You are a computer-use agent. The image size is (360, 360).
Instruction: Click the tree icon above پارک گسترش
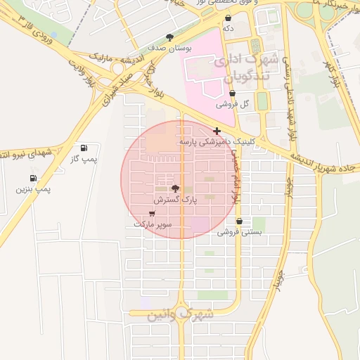point(175,188)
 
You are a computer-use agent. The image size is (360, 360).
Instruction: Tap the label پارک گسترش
point(175,200)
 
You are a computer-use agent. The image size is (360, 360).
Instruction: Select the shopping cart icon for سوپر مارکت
point(153,213)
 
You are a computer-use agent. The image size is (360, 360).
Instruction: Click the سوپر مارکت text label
point(153,224)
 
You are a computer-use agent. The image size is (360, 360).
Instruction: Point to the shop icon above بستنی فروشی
point(239,221)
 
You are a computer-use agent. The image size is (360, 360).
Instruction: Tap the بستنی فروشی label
point(239,231)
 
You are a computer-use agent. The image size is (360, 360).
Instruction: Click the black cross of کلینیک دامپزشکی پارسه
point(217,131)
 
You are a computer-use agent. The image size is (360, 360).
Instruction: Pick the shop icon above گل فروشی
point(233,93)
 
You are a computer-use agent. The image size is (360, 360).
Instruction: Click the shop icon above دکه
point(228,18)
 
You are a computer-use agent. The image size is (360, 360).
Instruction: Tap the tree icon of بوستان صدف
point(169,37)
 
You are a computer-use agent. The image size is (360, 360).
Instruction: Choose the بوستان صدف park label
point(167,48)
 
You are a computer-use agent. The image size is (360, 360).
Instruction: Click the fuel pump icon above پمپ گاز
point(84,148)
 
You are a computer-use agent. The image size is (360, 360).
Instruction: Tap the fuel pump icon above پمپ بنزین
point(33,179)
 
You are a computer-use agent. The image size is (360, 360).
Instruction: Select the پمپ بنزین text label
point(33,189)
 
